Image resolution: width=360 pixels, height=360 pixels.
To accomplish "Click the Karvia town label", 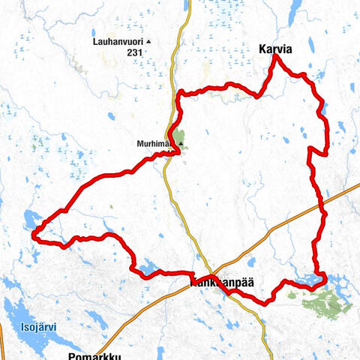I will (x=275, y=49).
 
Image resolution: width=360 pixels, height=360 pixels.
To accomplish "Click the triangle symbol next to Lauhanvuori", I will (x=148, y=41).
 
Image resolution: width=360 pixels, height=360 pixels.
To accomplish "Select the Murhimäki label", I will (x=153, y=142).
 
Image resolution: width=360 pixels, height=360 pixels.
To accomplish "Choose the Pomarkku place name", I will (x=94, y=355).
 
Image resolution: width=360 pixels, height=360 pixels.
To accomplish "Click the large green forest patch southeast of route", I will (x=327, y=303).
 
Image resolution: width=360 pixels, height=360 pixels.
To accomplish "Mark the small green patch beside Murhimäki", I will (x=181, y=140).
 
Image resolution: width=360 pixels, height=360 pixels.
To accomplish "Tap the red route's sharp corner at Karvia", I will (x=276, y=59).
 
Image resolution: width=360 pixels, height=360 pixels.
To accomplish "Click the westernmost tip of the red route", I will (x=33, y=236).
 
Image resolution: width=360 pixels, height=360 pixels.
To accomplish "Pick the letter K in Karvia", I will (x=262, y=49).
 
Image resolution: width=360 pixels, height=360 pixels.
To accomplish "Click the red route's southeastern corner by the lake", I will (x=325, y=280).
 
